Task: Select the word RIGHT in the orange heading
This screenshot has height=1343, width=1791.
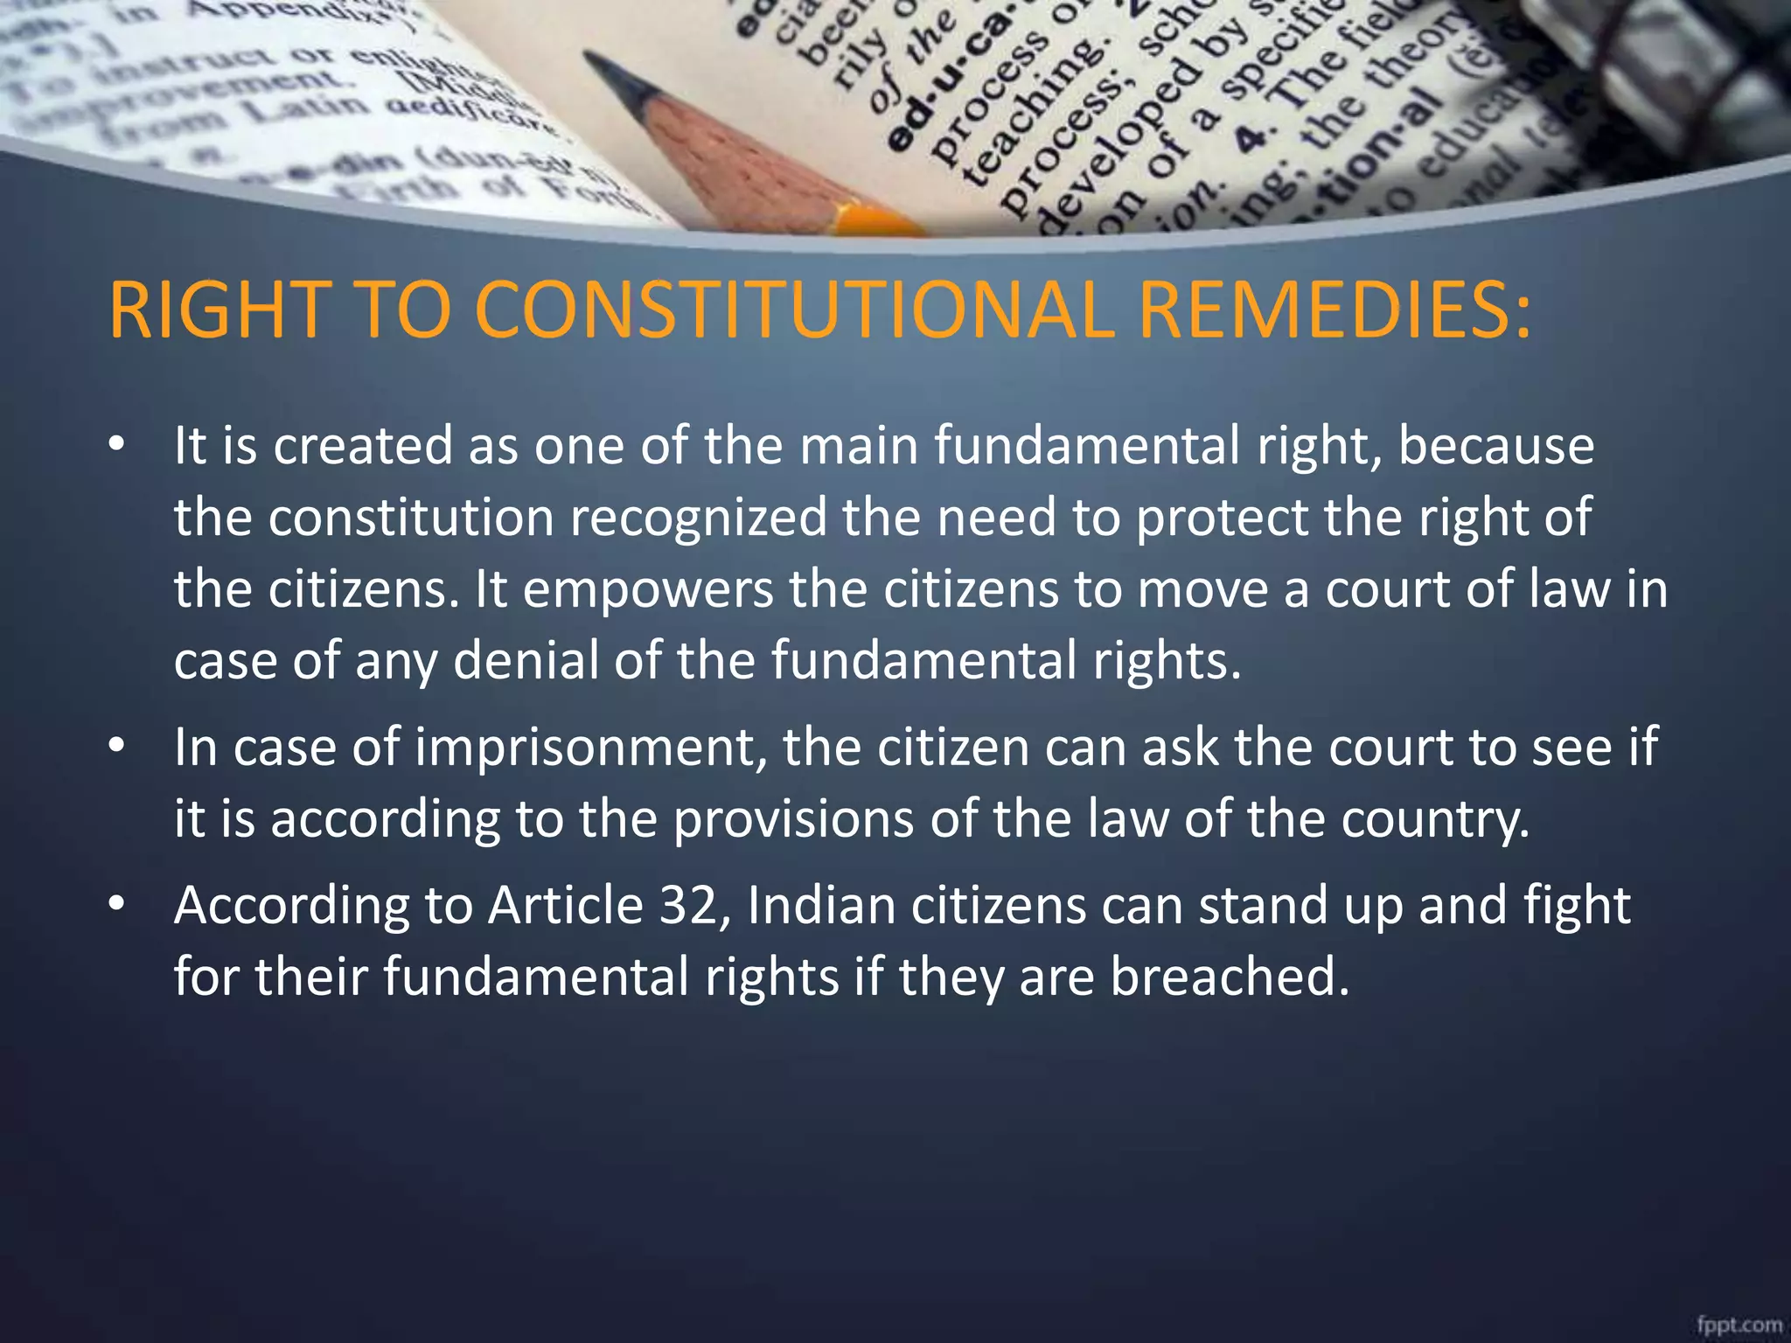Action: tap(216, 310)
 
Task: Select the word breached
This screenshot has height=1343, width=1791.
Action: tap(1230, 977)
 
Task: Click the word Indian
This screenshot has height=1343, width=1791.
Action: tap(821, 906)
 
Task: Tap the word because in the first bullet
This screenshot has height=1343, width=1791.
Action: tap(1495, 446)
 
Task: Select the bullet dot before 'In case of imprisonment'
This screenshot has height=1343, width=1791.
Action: tap(117, 749)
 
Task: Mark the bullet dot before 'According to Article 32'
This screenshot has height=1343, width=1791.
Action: tap(117, 907)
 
